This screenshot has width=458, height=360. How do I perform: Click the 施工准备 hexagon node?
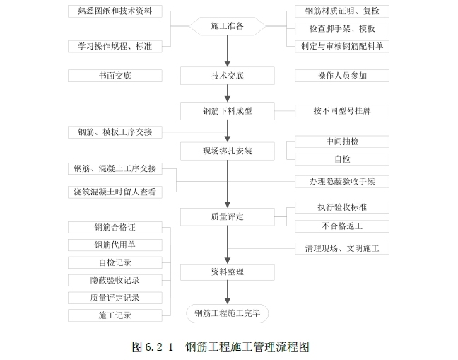[227, 26]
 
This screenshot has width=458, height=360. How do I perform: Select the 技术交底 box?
[227, 75]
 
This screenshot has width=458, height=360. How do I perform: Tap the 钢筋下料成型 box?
[227, 110]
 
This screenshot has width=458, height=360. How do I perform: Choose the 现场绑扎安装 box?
[227, 151]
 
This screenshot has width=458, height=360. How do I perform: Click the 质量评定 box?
[227, 216]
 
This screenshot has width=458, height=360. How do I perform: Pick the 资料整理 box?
[227, 271]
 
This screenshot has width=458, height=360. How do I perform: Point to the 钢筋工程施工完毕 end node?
[227, 313]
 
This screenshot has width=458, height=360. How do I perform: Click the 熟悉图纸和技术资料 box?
[114, 11]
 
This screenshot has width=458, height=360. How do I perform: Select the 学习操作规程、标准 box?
[114, 46]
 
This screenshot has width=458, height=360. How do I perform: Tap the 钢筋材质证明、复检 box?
[342, 11]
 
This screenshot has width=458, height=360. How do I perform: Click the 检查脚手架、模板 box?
[342, 29]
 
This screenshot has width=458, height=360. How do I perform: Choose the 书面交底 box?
[114, 75]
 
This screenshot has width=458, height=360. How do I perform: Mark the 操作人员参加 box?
[342, 75]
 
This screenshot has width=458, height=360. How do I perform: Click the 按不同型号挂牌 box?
[342, 110]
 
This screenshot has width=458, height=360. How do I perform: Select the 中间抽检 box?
[342, 141]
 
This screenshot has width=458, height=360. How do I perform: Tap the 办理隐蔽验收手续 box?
[342, 182]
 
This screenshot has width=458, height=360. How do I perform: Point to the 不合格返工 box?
[342, 226]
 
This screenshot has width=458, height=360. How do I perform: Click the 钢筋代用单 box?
[114, 245]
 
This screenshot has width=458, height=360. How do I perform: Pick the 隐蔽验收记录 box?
[114, 280]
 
